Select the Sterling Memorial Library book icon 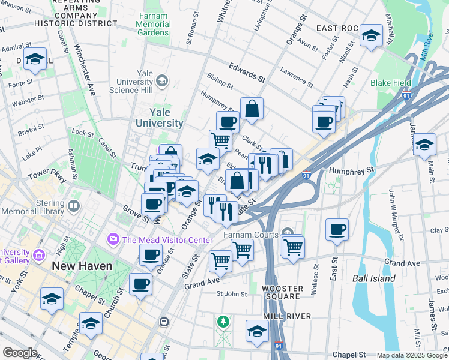pos(74,206)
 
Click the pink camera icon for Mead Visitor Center pos(113,240)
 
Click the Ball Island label pos(373,278)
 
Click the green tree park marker pos(223,322)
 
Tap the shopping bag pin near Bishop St pos(252,109)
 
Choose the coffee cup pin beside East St pos(337,229)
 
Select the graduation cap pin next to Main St pos(424,145)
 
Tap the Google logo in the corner pos(20,353)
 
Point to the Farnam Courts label pos(250,235)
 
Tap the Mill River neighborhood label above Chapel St pos(286,316)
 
